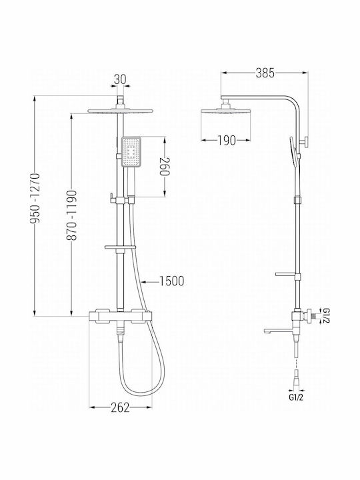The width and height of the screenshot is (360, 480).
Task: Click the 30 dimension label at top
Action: [x=120, y=79]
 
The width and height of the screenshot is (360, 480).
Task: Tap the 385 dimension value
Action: [x=265, y=73]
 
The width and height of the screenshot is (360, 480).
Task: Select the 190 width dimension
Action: [x=227, y=141]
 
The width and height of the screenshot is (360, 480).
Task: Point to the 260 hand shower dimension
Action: [x=165, y=167]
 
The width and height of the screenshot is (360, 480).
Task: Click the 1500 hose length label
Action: [x=172, y=281]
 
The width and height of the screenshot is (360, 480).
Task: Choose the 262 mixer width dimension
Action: [x=120, y=407]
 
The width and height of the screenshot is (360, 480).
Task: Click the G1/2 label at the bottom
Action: [x=296, y=397]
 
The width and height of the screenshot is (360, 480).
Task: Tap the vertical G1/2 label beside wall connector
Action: [x=326, y=316]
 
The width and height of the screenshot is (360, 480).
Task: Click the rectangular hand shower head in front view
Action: [x=131, y=152]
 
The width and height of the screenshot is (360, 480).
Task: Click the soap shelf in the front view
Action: [x=120, y=247]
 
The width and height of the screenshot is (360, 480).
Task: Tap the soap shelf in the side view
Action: [x=286, y=274]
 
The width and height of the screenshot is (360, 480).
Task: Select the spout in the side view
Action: [x=278, y=331]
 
